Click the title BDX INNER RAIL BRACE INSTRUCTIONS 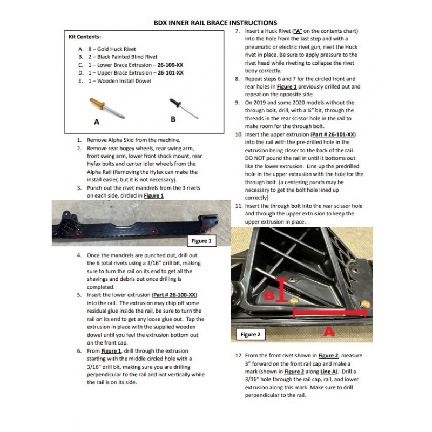(x=215, y=23)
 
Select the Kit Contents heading (x=84, y=37)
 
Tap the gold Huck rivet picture (x=107, y=107)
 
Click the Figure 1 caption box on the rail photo (x=202, y=241)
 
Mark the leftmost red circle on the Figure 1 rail (x=78, y=234)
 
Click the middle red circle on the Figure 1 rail (x=154, y=232)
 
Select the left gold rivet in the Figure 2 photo (x=294, y=301)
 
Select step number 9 (x=238, y=103)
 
